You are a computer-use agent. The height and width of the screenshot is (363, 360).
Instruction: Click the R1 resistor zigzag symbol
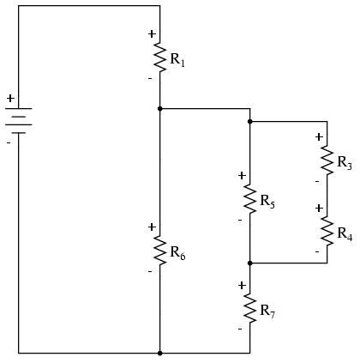(x=160, y=57)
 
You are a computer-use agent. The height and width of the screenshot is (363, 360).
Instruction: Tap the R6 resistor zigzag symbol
(x=160, y=251)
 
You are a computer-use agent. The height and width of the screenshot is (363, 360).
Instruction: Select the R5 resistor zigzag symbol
(x=250, y=199)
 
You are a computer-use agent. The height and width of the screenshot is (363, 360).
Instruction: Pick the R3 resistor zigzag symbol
(x=327, y=160)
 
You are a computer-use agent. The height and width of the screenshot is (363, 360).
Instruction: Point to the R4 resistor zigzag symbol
(x=327, y=231)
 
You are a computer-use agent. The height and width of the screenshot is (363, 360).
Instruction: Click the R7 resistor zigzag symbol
(x=250, y=309)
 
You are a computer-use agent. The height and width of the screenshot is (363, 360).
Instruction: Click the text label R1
(x=177, y=60)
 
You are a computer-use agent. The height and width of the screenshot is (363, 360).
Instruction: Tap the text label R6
(x=177, y=253)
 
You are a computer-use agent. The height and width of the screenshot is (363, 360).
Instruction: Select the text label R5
(x=267, y=202)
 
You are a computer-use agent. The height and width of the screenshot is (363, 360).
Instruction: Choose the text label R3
(x=345, y=163)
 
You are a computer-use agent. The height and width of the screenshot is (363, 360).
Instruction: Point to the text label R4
(x=345, y=233)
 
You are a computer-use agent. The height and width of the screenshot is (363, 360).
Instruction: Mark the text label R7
(x=267, y=312)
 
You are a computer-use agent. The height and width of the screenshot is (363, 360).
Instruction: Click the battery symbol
(x=19, y=121)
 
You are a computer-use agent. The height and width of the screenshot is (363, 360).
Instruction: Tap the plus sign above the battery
(x=10, y=99)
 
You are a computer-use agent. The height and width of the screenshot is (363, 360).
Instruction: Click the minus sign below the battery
(x=9, y=142)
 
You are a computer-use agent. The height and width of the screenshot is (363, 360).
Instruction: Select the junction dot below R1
(x=160, y=109)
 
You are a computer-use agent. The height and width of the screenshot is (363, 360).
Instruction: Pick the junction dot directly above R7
(x=250, y=263)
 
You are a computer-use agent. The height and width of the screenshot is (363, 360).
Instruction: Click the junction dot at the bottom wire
(x=160, y=354)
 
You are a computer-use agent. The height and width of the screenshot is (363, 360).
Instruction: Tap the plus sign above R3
(x=319, y=137)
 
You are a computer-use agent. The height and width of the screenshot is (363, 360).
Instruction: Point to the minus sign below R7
(x=240, y=329)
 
